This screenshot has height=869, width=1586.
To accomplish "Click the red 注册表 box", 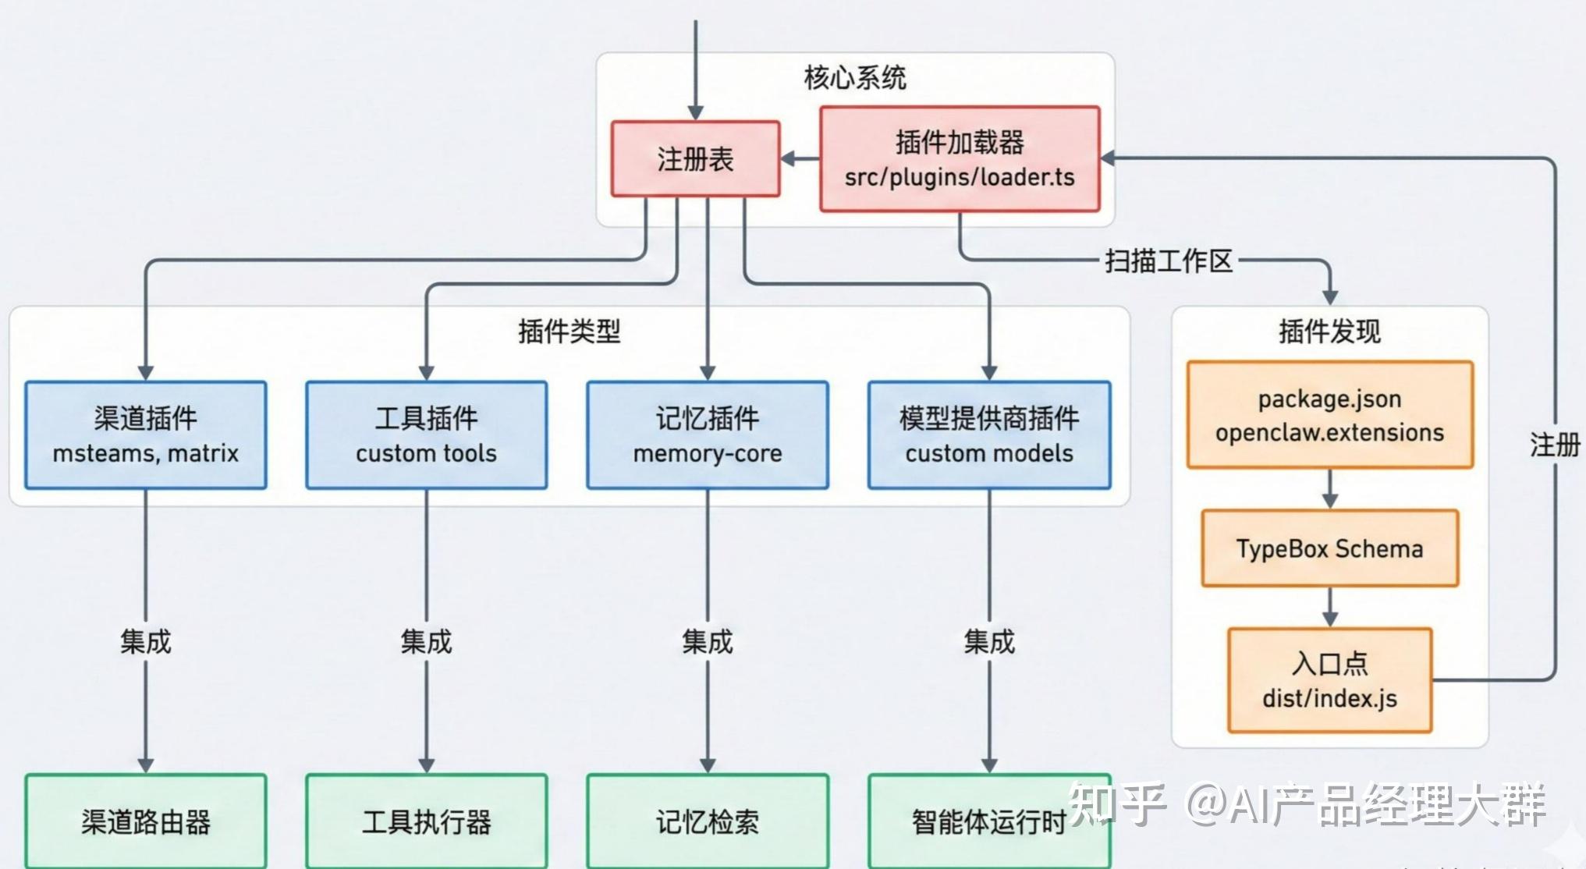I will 695,159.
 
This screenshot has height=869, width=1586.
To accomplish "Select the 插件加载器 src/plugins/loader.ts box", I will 960,159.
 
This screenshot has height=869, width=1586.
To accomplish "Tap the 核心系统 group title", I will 855,78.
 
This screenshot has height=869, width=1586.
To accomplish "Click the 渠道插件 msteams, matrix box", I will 146,435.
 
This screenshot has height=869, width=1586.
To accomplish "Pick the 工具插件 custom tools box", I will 427,435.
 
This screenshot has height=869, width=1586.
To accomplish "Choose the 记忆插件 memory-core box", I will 708,435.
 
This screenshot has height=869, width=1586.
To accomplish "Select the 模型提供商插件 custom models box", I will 989,435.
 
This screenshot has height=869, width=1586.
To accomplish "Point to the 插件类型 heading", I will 569,332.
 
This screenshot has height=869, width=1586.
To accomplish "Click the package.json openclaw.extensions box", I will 1330,415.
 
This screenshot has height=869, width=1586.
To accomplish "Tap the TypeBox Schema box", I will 1330,548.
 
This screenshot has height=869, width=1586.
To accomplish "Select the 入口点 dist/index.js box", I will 1330,680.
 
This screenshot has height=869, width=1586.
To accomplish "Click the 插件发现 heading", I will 1330,332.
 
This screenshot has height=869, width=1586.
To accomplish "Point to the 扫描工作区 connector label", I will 1169,261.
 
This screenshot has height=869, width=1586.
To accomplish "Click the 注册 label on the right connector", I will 1555,445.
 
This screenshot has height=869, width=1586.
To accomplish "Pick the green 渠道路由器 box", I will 146,821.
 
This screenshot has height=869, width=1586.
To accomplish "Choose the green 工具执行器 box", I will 427,821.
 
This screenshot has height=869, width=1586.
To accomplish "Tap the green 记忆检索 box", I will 708,821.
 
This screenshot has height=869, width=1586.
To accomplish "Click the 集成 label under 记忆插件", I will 708,642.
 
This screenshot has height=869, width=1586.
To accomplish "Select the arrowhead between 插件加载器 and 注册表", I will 789,159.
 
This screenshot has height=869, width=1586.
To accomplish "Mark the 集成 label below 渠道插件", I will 146,642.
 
